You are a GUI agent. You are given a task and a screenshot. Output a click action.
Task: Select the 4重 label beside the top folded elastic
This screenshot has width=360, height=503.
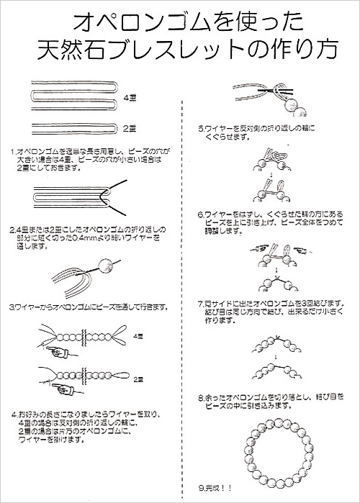point(130,96)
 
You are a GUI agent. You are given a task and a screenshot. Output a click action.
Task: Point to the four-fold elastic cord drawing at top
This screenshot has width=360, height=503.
point(72,96)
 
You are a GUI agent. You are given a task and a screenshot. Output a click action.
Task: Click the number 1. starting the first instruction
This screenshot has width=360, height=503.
point(14,152)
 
